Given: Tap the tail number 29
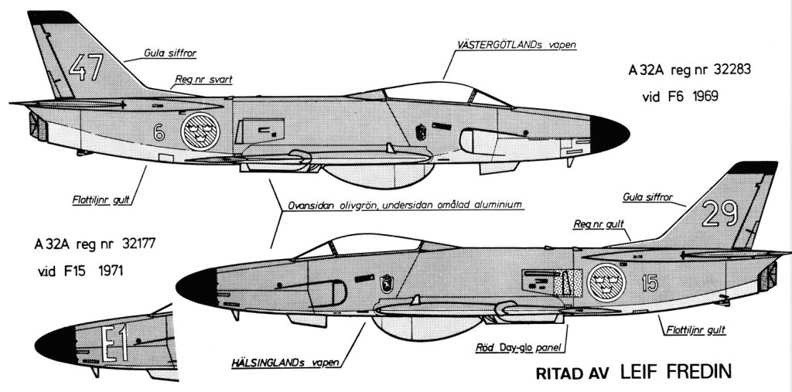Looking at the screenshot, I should (x=719, y=212).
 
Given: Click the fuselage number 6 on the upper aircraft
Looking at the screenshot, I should (x=159, y=133).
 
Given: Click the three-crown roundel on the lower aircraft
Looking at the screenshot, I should (x=606, y=283).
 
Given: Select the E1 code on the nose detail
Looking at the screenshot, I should (x=114, y=345).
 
